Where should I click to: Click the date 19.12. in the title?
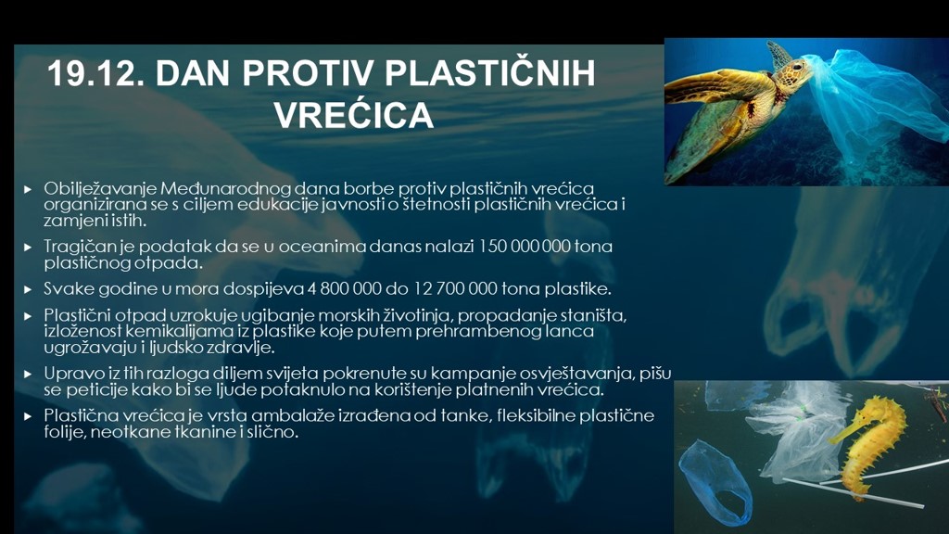[x=95, y=73]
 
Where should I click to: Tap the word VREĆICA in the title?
[x=354, y=115]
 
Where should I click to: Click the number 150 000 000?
[x=525, y=247]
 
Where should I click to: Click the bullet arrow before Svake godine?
[x=28, y=289]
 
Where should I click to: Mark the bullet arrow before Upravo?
[x=28, y=375]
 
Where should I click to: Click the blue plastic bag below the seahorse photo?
[x=715, y=482]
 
